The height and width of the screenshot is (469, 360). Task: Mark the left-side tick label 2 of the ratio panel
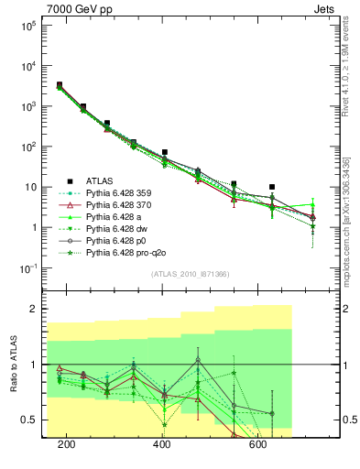pos(36,309)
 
